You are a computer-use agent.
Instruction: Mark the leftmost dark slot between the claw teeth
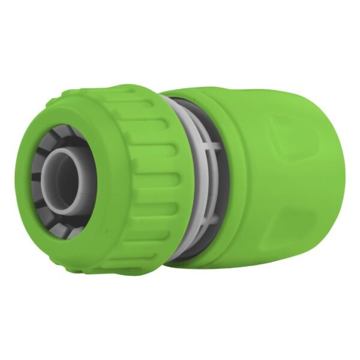(37, 180)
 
